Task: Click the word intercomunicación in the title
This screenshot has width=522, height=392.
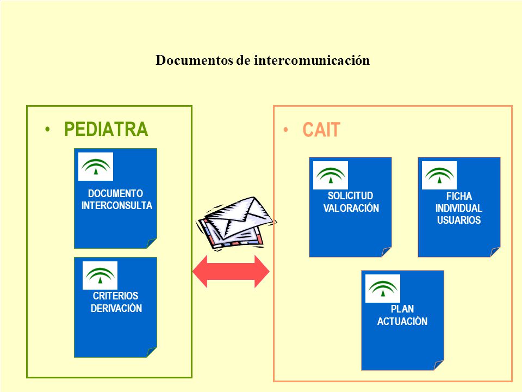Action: coord(312,60)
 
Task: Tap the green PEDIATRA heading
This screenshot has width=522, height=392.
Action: coord(106,130)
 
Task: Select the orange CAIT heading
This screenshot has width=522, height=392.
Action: coord(321,130)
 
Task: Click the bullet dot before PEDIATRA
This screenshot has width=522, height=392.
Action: coord(48,130)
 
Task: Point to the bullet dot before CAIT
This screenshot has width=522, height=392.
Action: coord(285,130)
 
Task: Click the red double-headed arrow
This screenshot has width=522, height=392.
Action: coord(231,271)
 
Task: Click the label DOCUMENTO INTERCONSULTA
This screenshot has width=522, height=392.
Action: coord(116,199)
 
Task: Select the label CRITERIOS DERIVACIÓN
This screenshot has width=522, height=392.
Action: coord(116,302)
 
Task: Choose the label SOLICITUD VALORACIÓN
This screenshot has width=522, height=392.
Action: coord(351,201)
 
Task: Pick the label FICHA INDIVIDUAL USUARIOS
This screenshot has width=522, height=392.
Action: coord(459,208)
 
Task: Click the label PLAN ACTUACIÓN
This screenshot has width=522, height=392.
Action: coord(402,315)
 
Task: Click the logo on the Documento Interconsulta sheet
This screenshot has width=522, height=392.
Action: coord(96,167)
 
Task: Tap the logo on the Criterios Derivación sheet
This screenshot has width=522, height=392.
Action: coord(100,275)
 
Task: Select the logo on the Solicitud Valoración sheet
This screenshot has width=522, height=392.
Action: coord(331,175)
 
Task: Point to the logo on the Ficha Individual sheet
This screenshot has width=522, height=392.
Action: coord(439,175)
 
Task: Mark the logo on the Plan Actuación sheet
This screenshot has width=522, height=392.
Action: coord(382,289)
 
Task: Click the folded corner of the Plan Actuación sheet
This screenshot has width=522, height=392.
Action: coord(438,366)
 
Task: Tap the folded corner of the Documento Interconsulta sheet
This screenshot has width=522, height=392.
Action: coord(151,244)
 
